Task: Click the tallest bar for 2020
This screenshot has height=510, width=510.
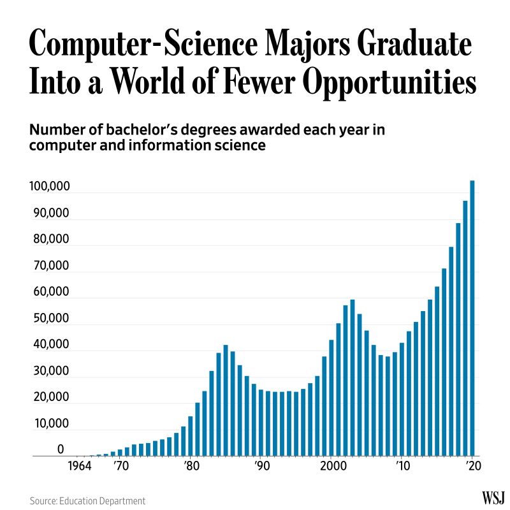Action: pyautogui.click(x=472, y=319)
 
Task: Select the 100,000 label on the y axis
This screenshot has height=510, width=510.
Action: pyautogui.click(x=49, y=187)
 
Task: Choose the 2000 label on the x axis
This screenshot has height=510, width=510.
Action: pyautogui.click(x=332, y=466)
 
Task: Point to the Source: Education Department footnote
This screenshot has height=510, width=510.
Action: pyautogui.click(x=87, y=501)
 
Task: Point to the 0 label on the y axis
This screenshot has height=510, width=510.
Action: pyautogui.click(x=61, y=449)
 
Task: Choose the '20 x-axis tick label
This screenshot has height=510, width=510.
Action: pyautogui.click(x=472, y=466)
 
